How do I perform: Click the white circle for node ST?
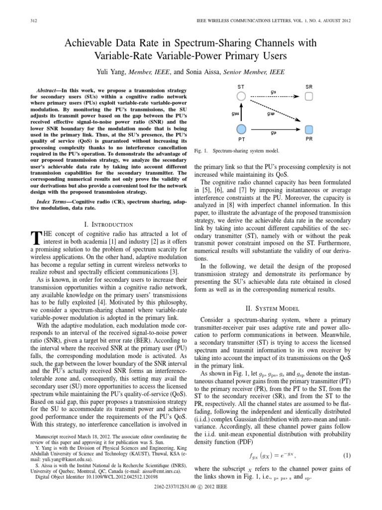[241, 96]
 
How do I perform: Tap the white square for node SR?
[309, 96]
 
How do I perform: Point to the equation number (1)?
[347, 455]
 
